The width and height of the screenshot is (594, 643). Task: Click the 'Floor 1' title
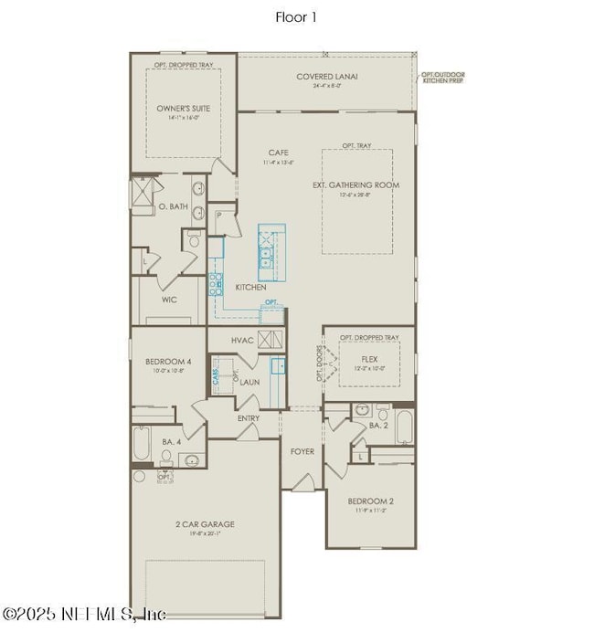click(x=296, y=17)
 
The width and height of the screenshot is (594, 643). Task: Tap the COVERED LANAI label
click(x=326, y=77)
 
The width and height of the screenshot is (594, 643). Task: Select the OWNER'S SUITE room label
click(x=184, y=108)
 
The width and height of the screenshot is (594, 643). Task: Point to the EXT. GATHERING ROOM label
click(x=355, y=184)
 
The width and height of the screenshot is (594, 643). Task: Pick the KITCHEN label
click(x=250, y=287)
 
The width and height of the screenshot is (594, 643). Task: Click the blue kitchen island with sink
click(x=270, y=252)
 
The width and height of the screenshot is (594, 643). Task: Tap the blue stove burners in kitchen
click(x=217, y=286)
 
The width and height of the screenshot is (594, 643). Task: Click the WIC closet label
click(x=168, y=299)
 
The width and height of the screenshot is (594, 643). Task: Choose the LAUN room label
click(x=249, y=382)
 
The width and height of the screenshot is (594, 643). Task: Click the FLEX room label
click(x=369, y=359)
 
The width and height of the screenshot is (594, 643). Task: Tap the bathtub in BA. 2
click(x=404, y=427)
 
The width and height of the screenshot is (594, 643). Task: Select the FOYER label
click(x=302, y=451)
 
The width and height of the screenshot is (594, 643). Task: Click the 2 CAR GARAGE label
click(x=205, y=524)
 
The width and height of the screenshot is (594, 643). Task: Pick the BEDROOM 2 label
click(x=370, y=501)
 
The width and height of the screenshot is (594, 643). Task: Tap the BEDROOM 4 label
click(x=168, y=362)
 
